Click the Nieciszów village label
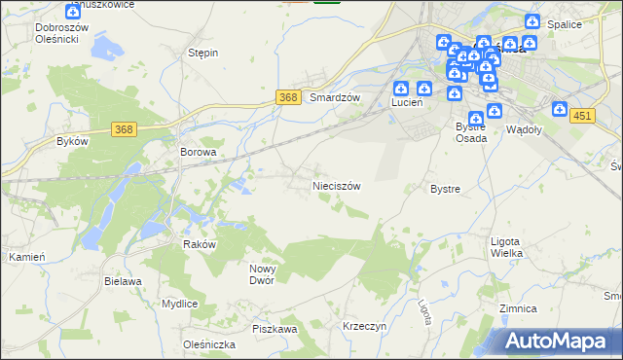(336, 185)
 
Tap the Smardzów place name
(335, 98)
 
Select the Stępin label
(202, 53)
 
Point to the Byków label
(73, 141)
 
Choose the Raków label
(199, 245)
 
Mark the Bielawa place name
(124, 280)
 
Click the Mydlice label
(180, 304)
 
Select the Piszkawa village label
(275, 329)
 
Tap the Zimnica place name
(517, 307)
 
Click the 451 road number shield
(582, 116)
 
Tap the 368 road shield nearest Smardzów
(287, 97)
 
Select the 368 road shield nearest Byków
(123, 129)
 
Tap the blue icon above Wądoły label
(560, 110)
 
